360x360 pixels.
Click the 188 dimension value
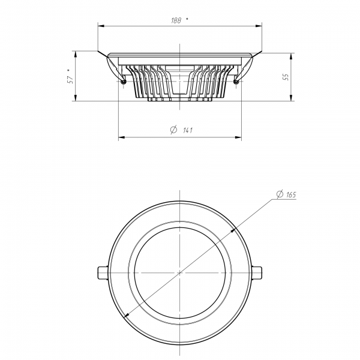[x=176, y=20]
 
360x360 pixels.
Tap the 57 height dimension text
[x=70, y=79]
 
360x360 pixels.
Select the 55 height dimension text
[x=286, y=77]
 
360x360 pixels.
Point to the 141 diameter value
[x=188, y=130]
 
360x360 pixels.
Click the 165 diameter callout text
[x=291, y=195]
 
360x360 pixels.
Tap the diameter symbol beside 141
[x=174, y=130]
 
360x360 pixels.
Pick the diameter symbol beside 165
[x=280, y=194]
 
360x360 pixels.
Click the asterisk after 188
[x=187, y=19]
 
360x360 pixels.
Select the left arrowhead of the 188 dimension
[x=101, y=26]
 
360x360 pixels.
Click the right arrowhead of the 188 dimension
[x=259, y=26]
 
